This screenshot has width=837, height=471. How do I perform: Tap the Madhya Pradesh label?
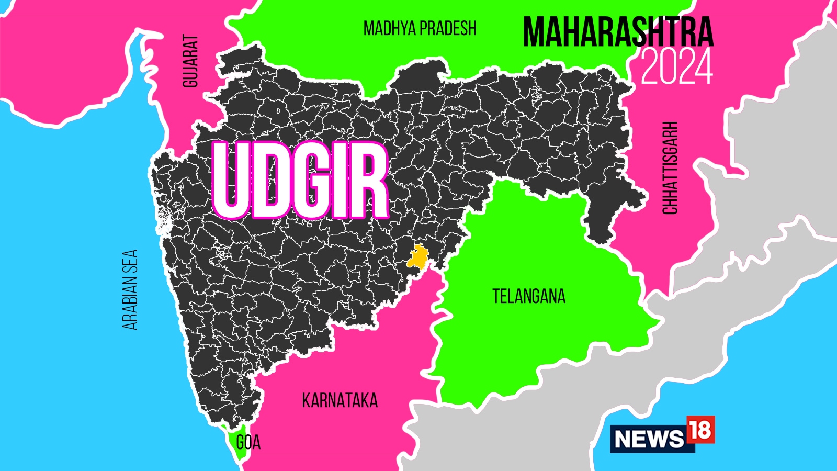pos(420,28)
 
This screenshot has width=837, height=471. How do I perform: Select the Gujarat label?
pos(190,61)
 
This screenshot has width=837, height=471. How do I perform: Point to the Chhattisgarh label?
pos(670,167)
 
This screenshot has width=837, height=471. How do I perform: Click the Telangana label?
pos(529,297)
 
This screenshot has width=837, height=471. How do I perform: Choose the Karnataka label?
pos(340,401)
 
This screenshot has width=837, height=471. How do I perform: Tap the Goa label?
pos(248,443)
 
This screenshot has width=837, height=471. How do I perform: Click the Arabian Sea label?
pos(130,289)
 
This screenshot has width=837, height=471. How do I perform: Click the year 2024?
pos(676,67)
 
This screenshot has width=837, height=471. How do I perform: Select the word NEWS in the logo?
pos(649,439)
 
